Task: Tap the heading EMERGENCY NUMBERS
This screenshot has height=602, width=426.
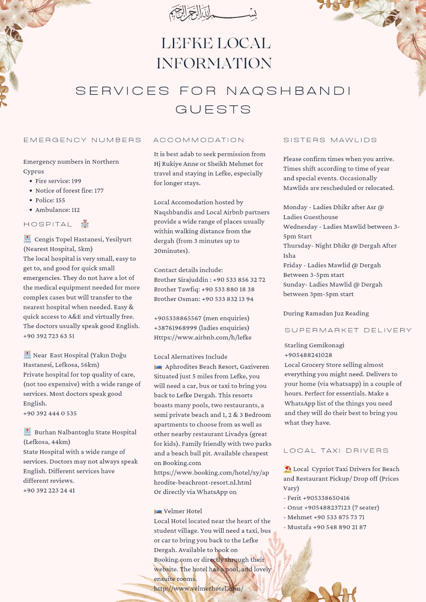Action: [x=82, y=140]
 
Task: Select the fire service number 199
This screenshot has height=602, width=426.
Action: [x=76, y=181]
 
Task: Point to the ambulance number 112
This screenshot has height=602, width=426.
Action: [x=75, y=210]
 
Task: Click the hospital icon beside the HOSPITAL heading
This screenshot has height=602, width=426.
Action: [x=85, y=224]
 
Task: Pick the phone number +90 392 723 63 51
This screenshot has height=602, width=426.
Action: [x=49, y=336]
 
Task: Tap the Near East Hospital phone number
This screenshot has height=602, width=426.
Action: [x=50, y=413]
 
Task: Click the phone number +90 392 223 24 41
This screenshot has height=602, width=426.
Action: [x=49, y=491]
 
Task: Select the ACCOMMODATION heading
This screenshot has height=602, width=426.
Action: [x=198, y=140]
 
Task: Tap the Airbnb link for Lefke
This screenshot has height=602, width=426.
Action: [x=203, y=337]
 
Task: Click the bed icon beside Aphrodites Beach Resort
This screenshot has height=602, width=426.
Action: [x=158, y=367]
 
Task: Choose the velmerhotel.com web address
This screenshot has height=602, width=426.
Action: [x=198, y=588]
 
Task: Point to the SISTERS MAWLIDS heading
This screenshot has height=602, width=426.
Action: [x=330, y=140]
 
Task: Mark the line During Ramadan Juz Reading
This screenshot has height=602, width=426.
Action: [x=326, y=313]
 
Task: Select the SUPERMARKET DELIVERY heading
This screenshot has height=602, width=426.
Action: [x=348, y=330]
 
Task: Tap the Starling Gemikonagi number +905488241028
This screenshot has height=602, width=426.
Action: [x=308, y=355]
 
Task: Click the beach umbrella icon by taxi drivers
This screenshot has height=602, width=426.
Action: [x=287, y=469]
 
